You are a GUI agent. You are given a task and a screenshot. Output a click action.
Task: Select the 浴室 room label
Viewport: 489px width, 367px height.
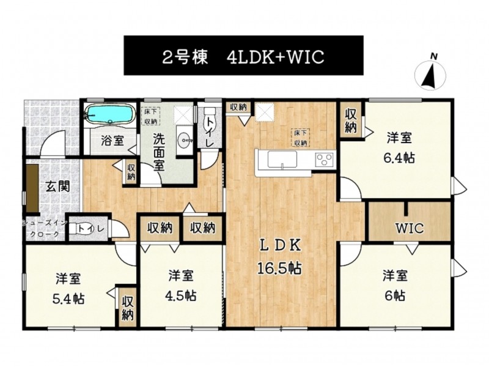coord(112,141)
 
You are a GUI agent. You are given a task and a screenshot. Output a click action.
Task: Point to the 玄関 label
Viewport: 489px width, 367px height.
coord(57,187)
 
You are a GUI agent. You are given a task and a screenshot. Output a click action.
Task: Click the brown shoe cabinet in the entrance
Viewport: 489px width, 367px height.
coord(32,188)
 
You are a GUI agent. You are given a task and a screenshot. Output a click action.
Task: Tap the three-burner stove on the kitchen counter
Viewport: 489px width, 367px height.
coord(325,159)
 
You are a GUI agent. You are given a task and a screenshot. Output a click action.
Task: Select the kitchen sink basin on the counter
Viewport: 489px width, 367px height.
coord(282,160)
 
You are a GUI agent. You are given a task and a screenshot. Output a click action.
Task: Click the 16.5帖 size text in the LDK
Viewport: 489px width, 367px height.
coord(279,267)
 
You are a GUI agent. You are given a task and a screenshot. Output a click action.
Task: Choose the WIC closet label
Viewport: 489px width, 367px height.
coord(410,228)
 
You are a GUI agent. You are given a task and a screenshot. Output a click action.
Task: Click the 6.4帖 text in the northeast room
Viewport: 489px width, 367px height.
coord(399,158)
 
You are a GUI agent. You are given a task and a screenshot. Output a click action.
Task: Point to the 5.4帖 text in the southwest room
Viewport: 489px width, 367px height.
coord(68,299)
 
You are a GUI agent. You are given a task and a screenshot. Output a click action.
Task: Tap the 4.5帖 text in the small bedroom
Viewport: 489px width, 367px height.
coord(180,295)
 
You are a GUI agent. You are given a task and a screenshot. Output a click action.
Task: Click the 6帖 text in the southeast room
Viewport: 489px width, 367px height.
coord(395,295)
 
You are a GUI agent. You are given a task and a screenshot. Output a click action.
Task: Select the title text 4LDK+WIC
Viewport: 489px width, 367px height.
coord(276,57)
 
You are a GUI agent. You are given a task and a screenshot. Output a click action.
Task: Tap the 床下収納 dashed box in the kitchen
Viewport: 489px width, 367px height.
coord(301,138)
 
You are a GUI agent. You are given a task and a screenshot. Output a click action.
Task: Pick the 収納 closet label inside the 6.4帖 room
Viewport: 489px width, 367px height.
coord(350,120)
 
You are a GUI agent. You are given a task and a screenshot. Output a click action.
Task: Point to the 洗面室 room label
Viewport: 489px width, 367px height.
coord(159,152)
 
